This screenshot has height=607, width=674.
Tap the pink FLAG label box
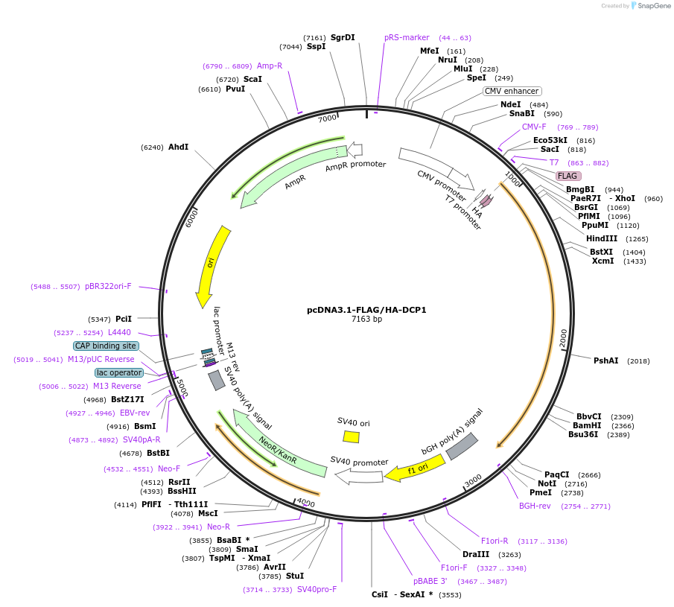tap(568, 176)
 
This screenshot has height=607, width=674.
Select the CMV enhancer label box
tap(512, 91)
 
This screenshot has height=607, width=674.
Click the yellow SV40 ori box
tap(351, 436)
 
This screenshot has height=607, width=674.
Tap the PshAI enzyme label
tap(605, 360)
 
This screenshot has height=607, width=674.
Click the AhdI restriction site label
tap(178, 147)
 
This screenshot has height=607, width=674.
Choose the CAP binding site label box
tap(106, 346)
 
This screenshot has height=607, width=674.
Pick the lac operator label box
tap(119, 372)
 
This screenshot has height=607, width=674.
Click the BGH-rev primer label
tap(535, 506)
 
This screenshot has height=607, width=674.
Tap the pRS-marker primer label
tap(407, 37)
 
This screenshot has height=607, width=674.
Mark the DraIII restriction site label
tap(476, 554)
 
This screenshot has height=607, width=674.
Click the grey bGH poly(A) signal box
tap(462, 445)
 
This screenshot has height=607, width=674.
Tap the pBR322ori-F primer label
tap(108, 286)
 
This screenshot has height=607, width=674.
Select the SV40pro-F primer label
tap(317, 589)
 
